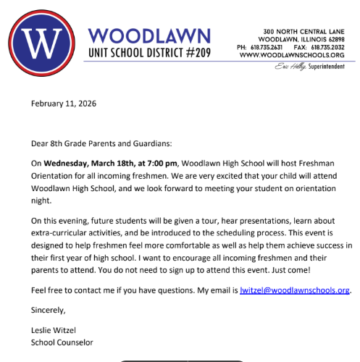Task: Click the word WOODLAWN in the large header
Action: coord(148,35)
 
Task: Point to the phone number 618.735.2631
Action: coord(273,47)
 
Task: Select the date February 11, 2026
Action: coord(64,104)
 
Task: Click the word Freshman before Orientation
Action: coord(325,163)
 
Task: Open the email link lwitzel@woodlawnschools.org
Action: coord(294,290)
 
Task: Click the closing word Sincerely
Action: coord(49,311)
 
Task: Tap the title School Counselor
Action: coord(62,343)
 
